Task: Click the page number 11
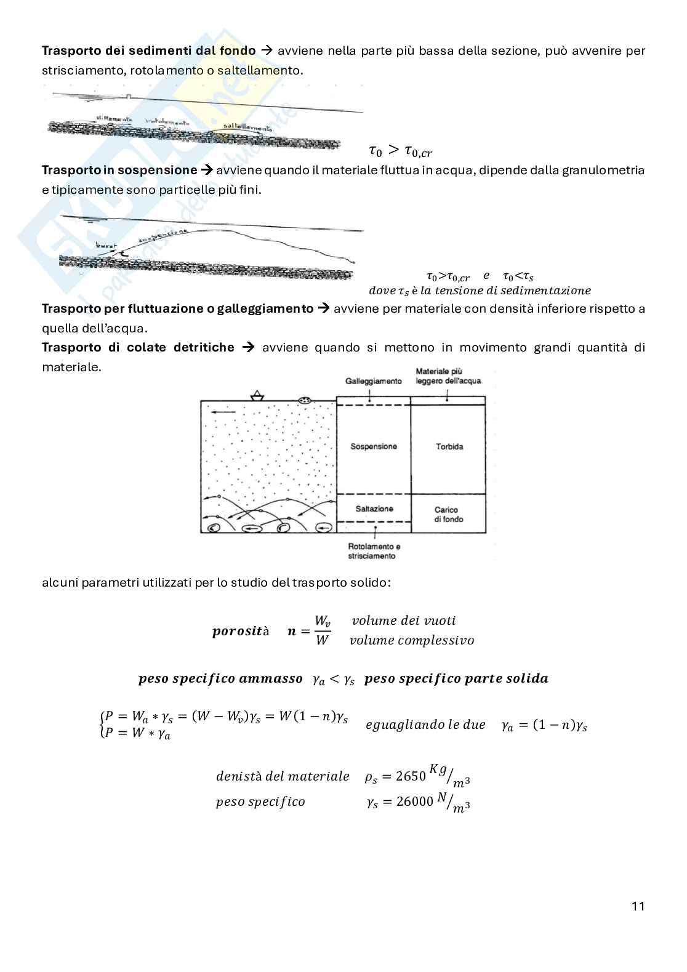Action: (638, 906)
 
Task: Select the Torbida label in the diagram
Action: (449, 446)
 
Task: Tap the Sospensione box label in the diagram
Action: (374, 446)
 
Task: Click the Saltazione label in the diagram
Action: (374, 508)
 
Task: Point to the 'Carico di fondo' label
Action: (449, 514)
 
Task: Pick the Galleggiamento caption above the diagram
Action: (373, 381)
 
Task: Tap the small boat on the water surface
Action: (257, 396)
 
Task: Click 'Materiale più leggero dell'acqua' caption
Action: (448, 376)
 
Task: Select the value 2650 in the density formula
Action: (411, 776)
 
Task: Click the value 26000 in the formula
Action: (414, 802)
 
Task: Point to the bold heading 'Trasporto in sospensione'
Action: (119, 170)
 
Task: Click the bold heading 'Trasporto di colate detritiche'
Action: (138, 347)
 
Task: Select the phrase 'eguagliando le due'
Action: (425, 725)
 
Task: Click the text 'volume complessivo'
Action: (412, 640)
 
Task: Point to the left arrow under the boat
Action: (227, 412)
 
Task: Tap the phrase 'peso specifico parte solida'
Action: (456, 678)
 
